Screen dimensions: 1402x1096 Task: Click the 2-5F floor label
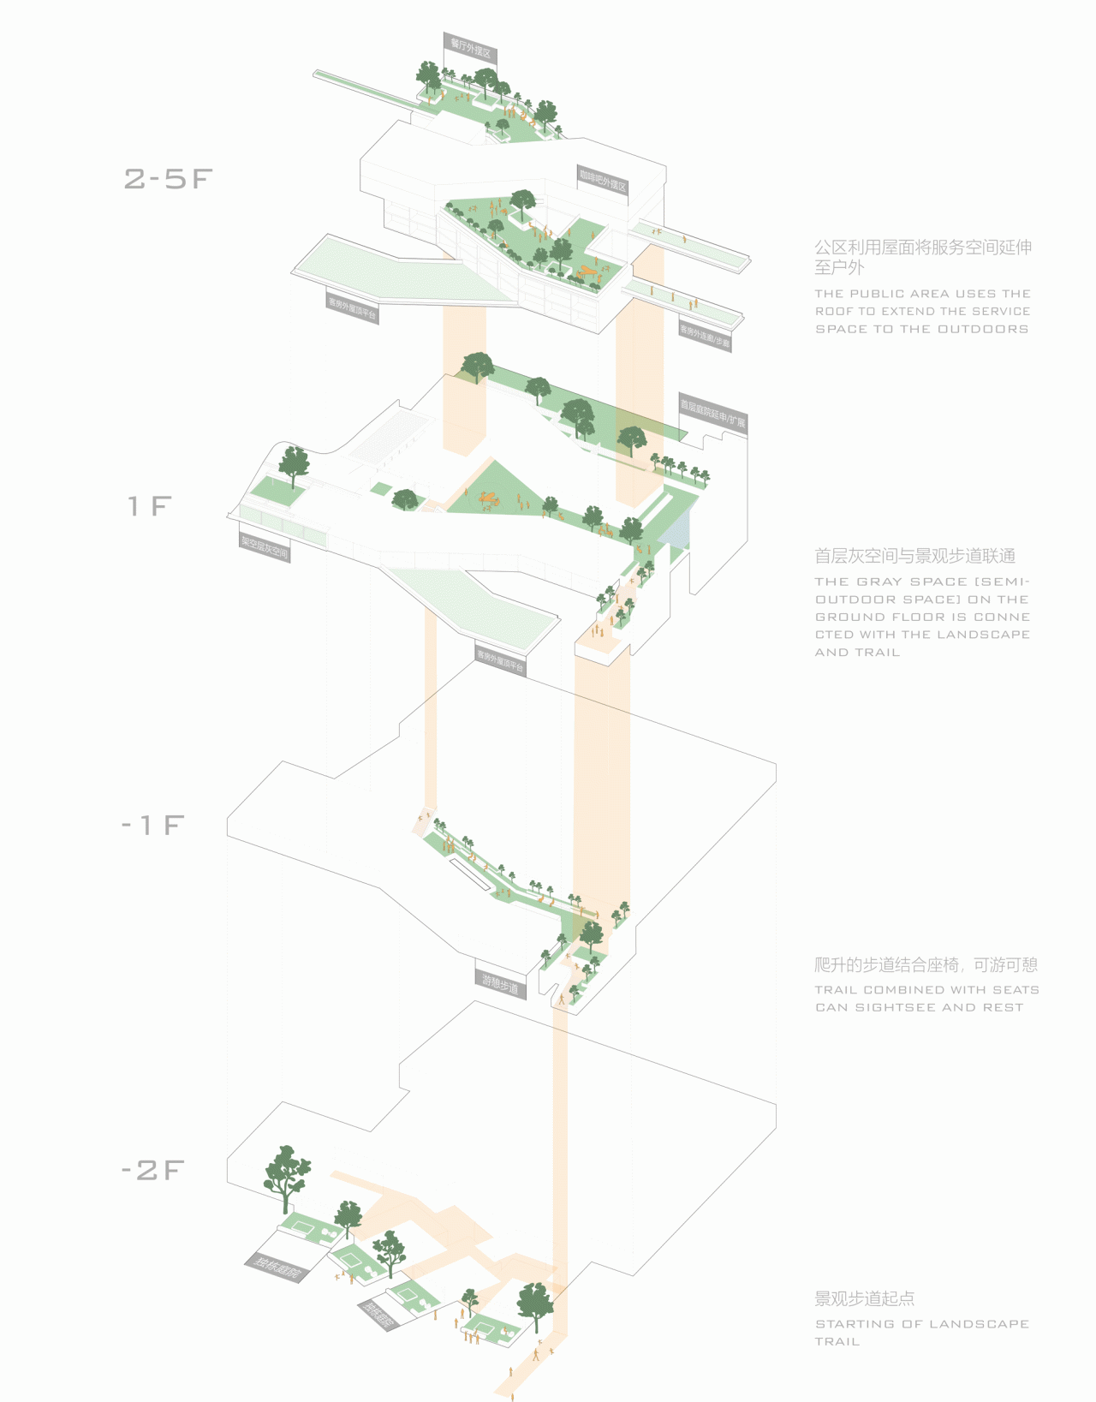(168, 178)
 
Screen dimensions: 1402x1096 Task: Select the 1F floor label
(150, 506)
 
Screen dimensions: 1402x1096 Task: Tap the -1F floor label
(152, 825)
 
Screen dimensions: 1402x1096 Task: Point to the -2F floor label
(152, 1170)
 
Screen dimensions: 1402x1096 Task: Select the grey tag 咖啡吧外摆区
(603, 181)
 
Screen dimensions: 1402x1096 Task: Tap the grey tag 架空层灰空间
(265, 546)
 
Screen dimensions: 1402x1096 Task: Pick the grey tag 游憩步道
(500, 984)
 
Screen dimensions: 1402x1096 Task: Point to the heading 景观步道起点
(864, 1298)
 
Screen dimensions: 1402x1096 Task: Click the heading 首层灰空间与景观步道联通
(914, 556)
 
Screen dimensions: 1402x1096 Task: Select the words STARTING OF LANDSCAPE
(921, 1324)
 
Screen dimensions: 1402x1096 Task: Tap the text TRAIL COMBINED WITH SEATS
(926, 989)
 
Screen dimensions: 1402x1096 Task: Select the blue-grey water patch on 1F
(676, 528)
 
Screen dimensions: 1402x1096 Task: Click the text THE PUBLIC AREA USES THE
(922, 294)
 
